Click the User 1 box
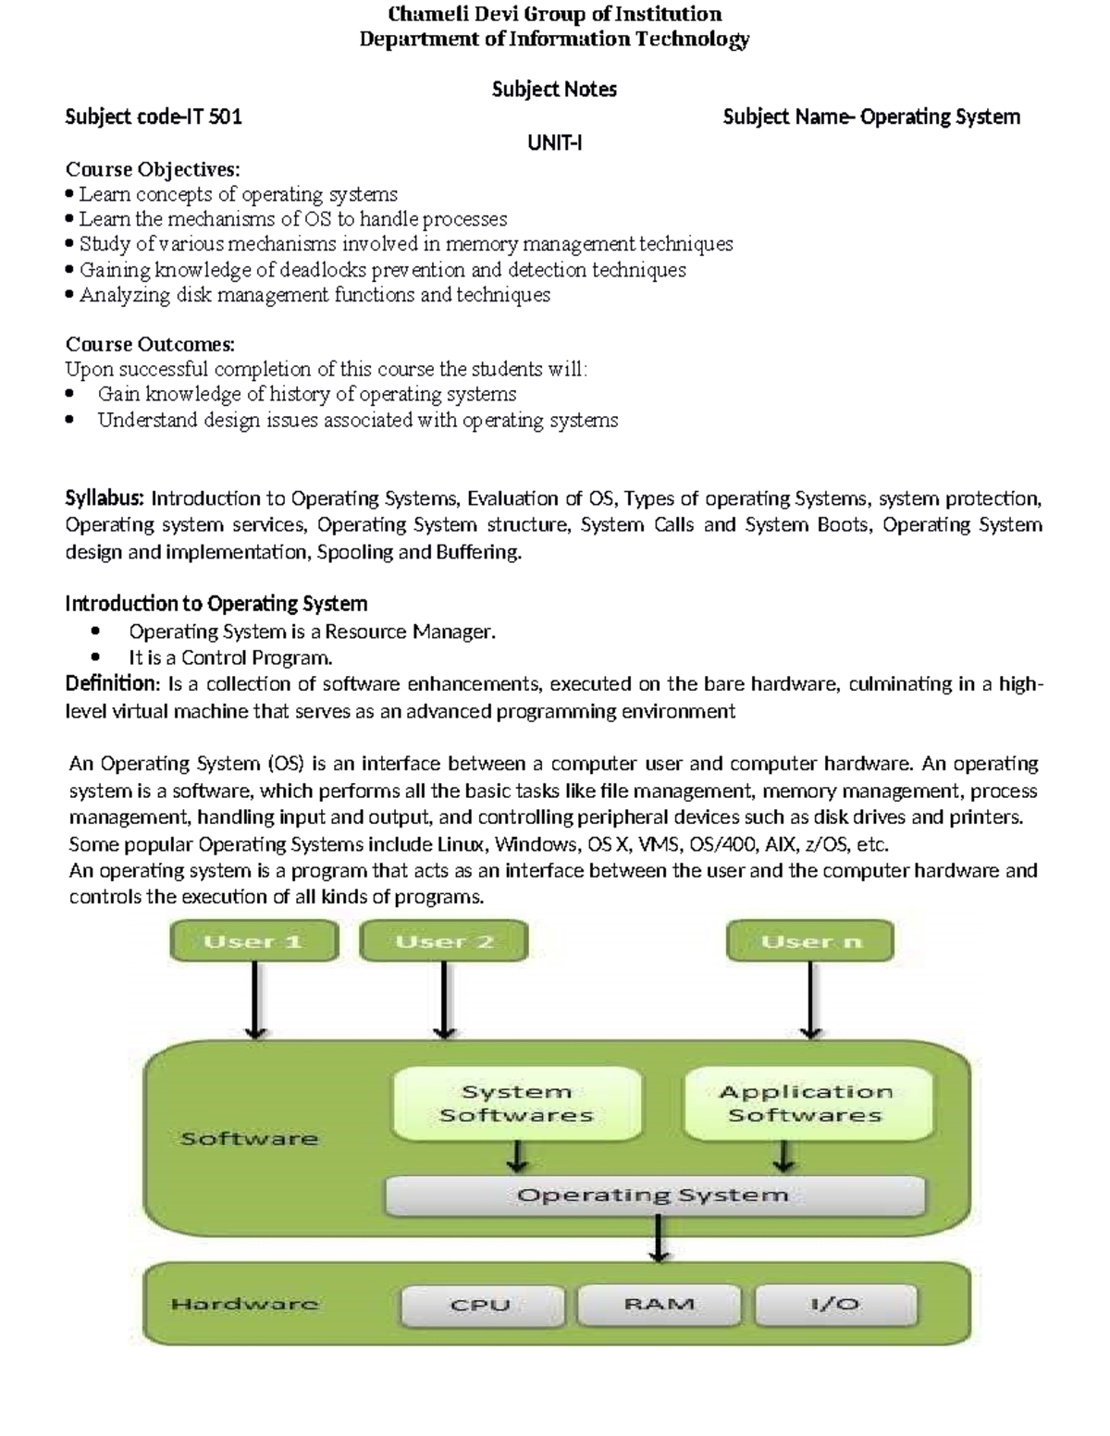click(x=253, y=941)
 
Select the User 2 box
click(x=444, y=941)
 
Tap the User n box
click(x=810, y=941)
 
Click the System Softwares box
click(x=516, y=1103)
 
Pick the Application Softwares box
click(x=806, y=1103)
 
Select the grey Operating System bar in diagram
click(x=653, y=1196)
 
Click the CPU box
click(x=480, y=1305)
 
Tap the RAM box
click(x=659, y=1305)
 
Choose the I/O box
click(x=835, y=1305)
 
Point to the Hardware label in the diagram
click(x=244, y=1305)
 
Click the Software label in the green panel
click(x=249, y=1138)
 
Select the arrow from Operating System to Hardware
click(x=658, y=1238)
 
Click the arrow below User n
click(x=811, y=1000)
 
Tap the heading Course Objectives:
click(x=153, y=169)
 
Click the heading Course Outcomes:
click(x=150, y=344)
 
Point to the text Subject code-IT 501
click(x=154, y=117)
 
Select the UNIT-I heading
click(x=554, y=142)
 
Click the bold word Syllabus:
click(x=105, y=498)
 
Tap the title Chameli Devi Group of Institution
click(x=554, y=14)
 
